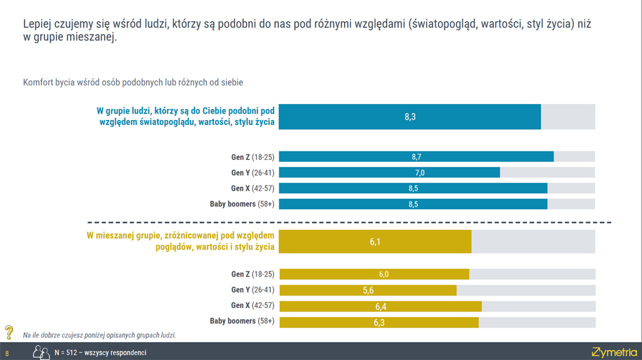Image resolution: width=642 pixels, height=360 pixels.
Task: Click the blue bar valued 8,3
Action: tap(410, 117)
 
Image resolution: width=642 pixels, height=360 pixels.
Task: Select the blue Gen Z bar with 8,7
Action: tap(416, 157)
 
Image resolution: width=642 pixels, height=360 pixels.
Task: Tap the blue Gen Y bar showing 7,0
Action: tap(389, 173)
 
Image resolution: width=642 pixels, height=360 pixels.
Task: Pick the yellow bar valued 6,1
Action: tap(375, 241)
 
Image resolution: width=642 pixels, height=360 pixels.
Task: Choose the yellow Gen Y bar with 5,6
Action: tap(367, 290)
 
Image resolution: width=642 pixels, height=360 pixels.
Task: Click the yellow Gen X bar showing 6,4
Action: tap(380, 306)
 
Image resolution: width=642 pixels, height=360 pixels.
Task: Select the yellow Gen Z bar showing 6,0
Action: tap(374, 274)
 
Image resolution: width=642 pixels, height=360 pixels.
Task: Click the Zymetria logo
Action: tap(614, 352)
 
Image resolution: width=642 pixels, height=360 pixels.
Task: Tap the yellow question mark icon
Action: tap(9, 332)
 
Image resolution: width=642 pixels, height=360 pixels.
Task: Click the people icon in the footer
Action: tap(42, 352)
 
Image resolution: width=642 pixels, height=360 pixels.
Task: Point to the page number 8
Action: tap(7, 354)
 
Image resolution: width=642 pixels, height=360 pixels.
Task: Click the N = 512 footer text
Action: tap(100, 353)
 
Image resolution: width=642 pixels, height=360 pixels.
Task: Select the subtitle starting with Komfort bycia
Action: tap(133, 83)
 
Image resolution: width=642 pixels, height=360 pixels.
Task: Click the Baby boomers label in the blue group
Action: tap(242, 205)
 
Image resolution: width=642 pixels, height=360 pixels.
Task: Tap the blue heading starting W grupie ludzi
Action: tap(186, 116)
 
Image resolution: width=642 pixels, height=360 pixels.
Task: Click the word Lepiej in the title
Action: tap(38, 23)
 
